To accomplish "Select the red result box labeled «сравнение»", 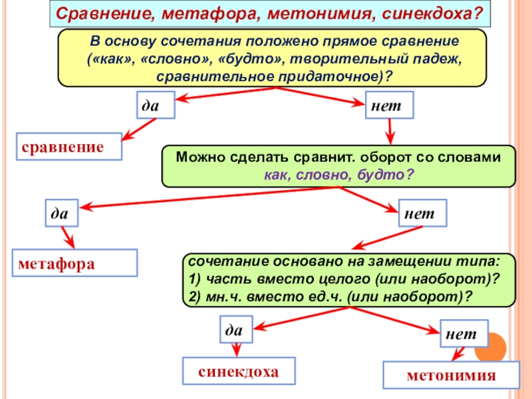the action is [69, 146].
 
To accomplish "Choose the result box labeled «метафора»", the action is [74, 263].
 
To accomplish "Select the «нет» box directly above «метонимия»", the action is [462, 332].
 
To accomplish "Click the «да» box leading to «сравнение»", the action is [156, 105].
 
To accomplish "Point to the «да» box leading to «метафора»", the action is [61, 213].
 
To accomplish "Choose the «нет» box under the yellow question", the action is [389, 105].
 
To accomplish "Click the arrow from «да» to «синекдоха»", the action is [235, 350].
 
